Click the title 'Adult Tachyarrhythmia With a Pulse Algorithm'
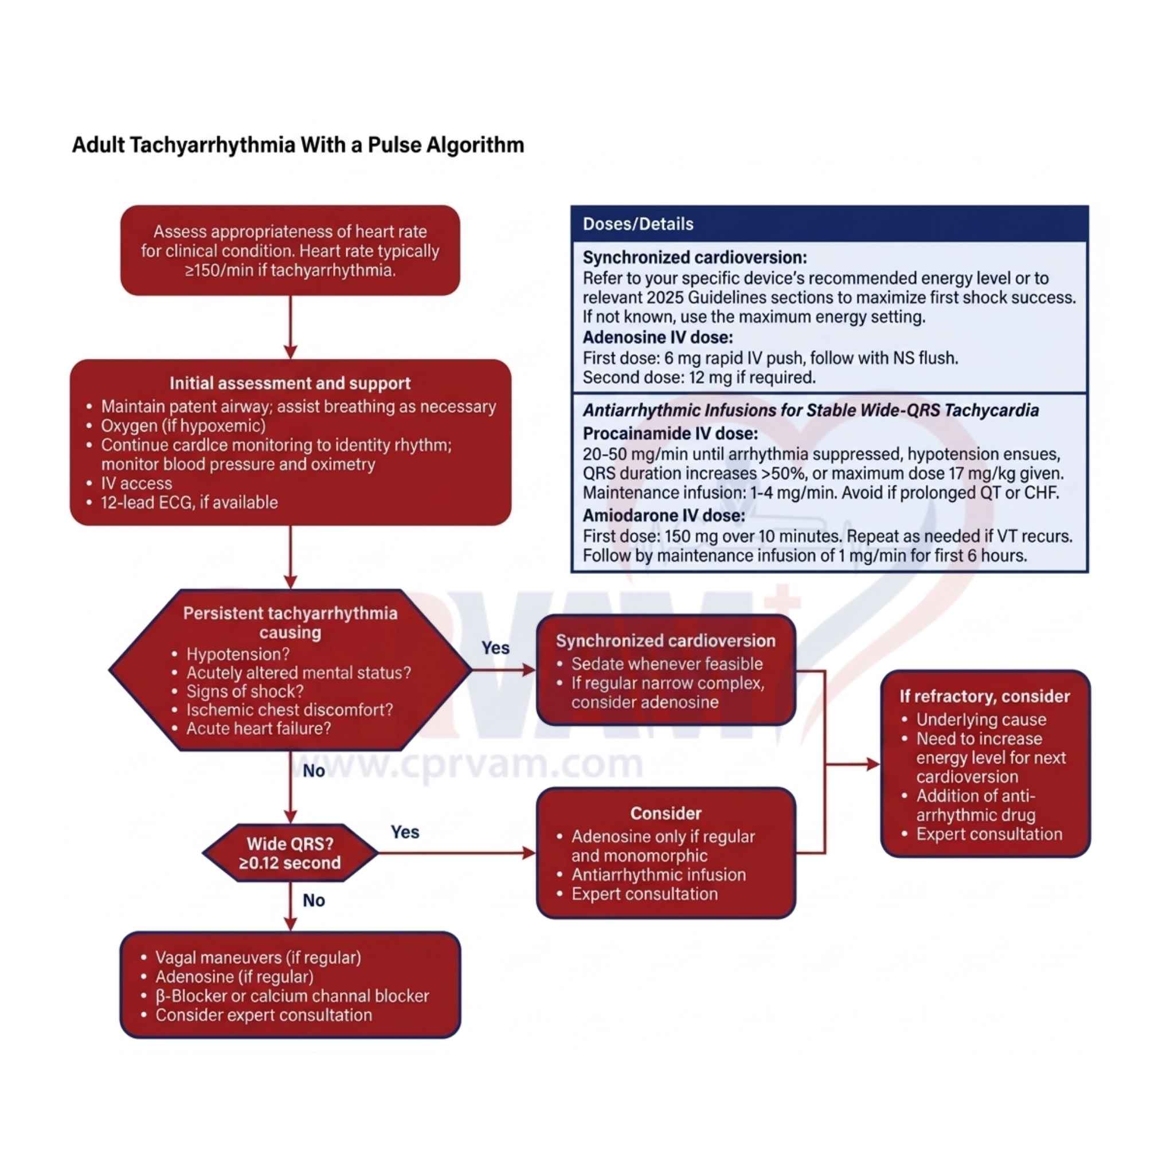pyautogui.click(x=298, y=145)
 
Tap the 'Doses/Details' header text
pyautogui.click(x=637, y=224)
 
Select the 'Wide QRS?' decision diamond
pyautogui.click(x=290, y=853)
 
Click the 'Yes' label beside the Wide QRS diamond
pyautogui.click(x=405, y=832)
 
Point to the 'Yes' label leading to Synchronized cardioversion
pyautogui.click(x=495, y=648)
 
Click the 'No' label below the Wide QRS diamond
pyautogui.click(x=314, y=900)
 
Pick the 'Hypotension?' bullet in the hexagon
pyautogui.click(x=237, y=654)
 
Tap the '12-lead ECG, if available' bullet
pyautogui.click(x=189, y=503)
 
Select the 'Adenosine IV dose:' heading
pyautogui.click(x=658, y=337)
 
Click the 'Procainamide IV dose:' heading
pyautogui.click(x=670, y=433)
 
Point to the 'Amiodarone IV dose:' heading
pyautogui.click(x=664, y=515)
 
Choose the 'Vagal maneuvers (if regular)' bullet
pyautogui.click(x=257, y=958)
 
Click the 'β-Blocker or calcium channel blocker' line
pyautogui.click(x=292, y=996)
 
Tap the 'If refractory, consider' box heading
pyautogui.click(x=984, y=696)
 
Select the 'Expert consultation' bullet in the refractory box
pyautogui.click(x=989, y=834)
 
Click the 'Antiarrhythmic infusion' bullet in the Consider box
pyautogui.click(x=658, y=875)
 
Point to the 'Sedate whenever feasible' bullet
pyautogui.click(x=667, y=664)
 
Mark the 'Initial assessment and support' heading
pyautogui.click(x=290, y=383)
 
